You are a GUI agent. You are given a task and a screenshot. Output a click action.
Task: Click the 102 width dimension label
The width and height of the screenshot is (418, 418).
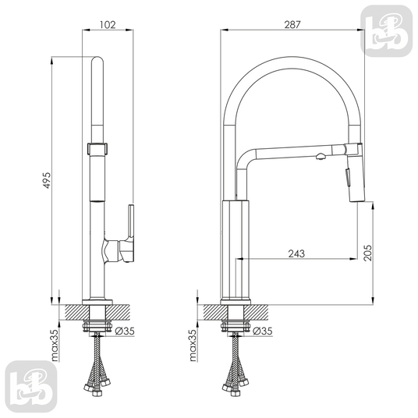click(x=108, y=24)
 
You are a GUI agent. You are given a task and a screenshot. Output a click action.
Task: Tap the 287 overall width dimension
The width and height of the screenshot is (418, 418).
click(x=292, y=24)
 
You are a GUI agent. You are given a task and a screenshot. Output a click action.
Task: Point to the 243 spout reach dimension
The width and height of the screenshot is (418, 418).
click(x=296, y=253)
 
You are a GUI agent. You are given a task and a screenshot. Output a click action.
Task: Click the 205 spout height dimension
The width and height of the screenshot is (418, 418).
click(x=367, y=253)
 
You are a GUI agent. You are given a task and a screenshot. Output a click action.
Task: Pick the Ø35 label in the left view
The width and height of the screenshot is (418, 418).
click(x=125, y=331)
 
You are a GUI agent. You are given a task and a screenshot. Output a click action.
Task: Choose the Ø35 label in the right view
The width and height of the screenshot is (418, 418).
click(x=263, y=331)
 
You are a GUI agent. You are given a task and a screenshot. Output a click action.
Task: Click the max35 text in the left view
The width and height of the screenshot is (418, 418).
click(x=55, y=345)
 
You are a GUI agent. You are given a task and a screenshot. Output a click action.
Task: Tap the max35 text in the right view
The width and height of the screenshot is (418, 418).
click(x=193, y=345)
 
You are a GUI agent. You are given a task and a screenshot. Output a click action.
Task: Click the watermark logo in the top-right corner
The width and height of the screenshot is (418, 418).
click(x=386, y=31)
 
